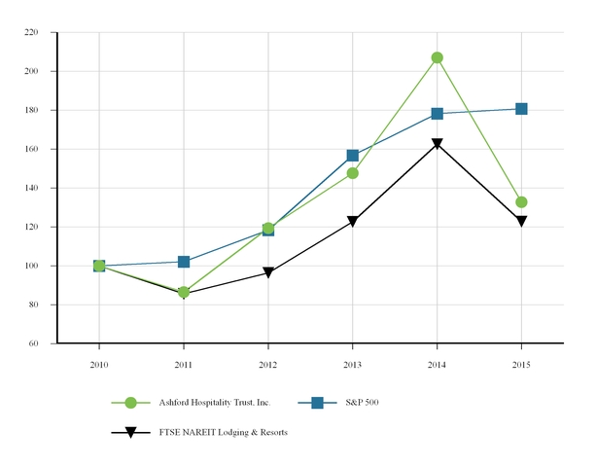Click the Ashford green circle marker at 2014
438,57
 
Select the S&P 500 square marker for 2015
521,109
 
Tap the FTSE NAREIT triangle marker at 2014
438,145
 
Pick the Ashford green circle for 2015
521,202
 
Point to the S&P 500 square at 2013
353,156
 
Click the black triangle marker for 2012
268,273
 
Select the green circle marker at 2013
353,173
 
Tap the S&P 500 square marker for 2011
184,262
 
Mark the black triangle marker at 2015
521,222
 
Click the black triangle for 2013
353,222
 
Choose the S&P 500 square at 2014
438,114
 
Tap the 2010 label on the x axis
99,362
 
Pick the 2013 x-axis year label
353,362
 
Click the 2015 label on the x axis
521,362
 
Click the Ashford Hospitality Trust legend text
214,403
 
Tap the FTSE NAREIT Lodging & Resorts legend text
223,432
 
